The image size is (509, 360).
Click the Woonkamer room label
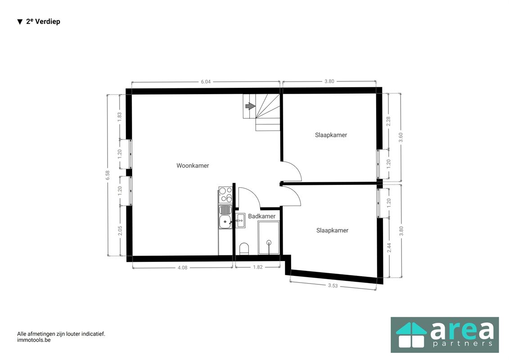coord(193,166)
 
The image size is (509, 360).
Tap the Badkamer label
coord(261,216)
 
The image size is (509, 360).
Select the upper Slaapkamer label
coord(331,135)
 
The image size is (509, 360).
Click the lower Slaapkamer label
coord(332,230)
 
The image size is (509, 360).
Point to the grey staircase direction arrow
coord(250,106)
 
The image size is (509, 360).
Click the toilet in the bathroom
coord(244,248)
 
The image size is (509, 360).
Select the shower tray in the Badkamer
coord(269,238)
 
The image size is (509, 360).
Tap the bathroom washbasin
coord(240,221)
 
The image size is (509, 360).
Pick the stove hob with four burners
coord(225,195)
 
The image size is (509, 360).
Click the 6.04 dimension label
coord(206,82)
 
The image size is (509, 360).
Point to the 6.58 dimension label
coord(108,175)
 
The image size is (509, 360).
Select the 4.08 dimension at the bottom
coord(182,268)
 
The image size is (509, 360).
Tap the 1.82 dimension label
coord(258,267)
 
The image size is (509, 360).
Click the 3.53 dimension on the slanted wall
coord(333,286)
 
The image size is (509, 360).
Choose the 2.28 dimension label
coord(388,121)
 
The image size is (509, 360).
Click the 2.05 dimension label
coord(120,231)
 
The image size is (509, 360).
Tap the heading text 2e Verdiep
coord(43,22)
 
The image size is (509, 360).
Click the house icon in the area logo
coord(411,335)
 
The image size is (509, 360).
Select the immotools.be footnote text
coord(34,340)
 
